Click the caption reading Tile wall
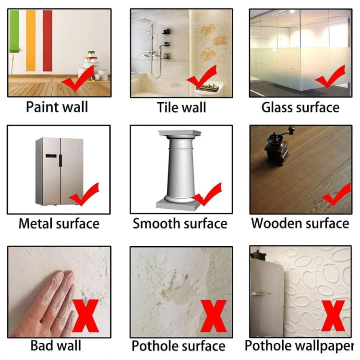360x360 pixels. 181,107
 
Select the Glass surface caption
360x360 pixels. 300,107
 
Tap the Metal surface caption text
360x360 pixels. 59,223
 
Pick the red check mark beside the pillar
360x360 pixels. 207,194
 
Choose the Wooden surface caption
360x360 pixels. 300,223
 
